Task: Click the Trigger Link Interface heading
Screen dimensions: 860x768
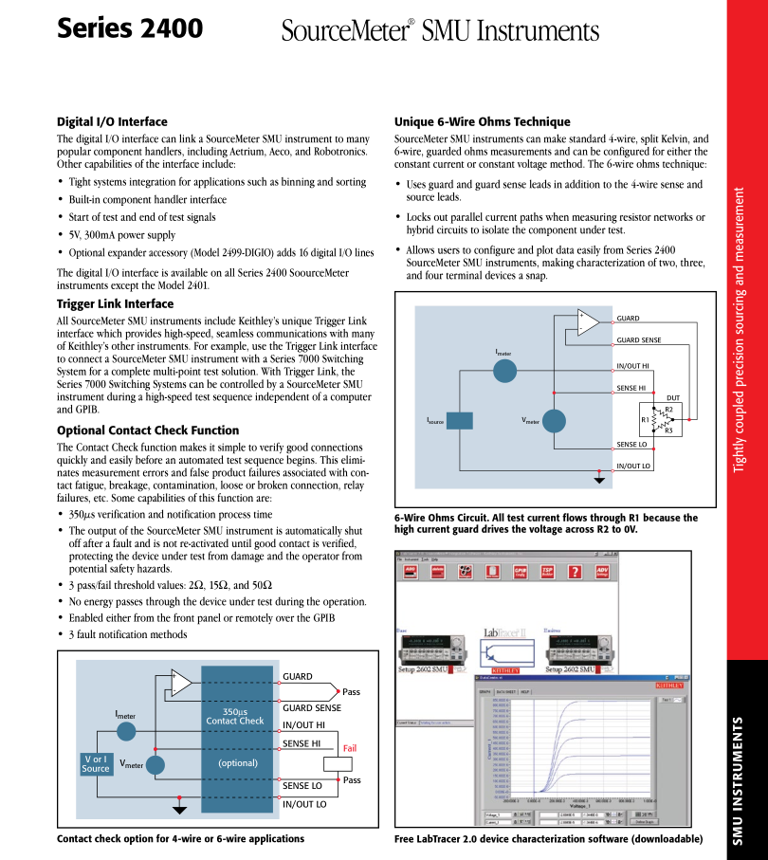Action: click(115, 303)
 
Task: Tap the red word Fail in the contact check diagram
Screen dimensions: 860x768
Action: click(349, 748)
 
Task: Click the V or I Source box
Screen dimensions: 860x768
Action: click(96, 763)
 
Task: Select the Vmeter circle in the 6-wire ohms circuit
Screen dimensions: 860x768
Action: click(553, 421)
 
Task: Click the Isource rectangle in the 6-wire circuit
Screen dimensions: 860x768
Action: click(460, 420)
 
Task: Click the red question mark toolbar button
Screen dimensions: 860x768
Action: click(574, 572)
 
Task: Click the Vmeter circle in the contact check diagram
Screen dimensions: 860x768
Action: click(155, 764)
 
